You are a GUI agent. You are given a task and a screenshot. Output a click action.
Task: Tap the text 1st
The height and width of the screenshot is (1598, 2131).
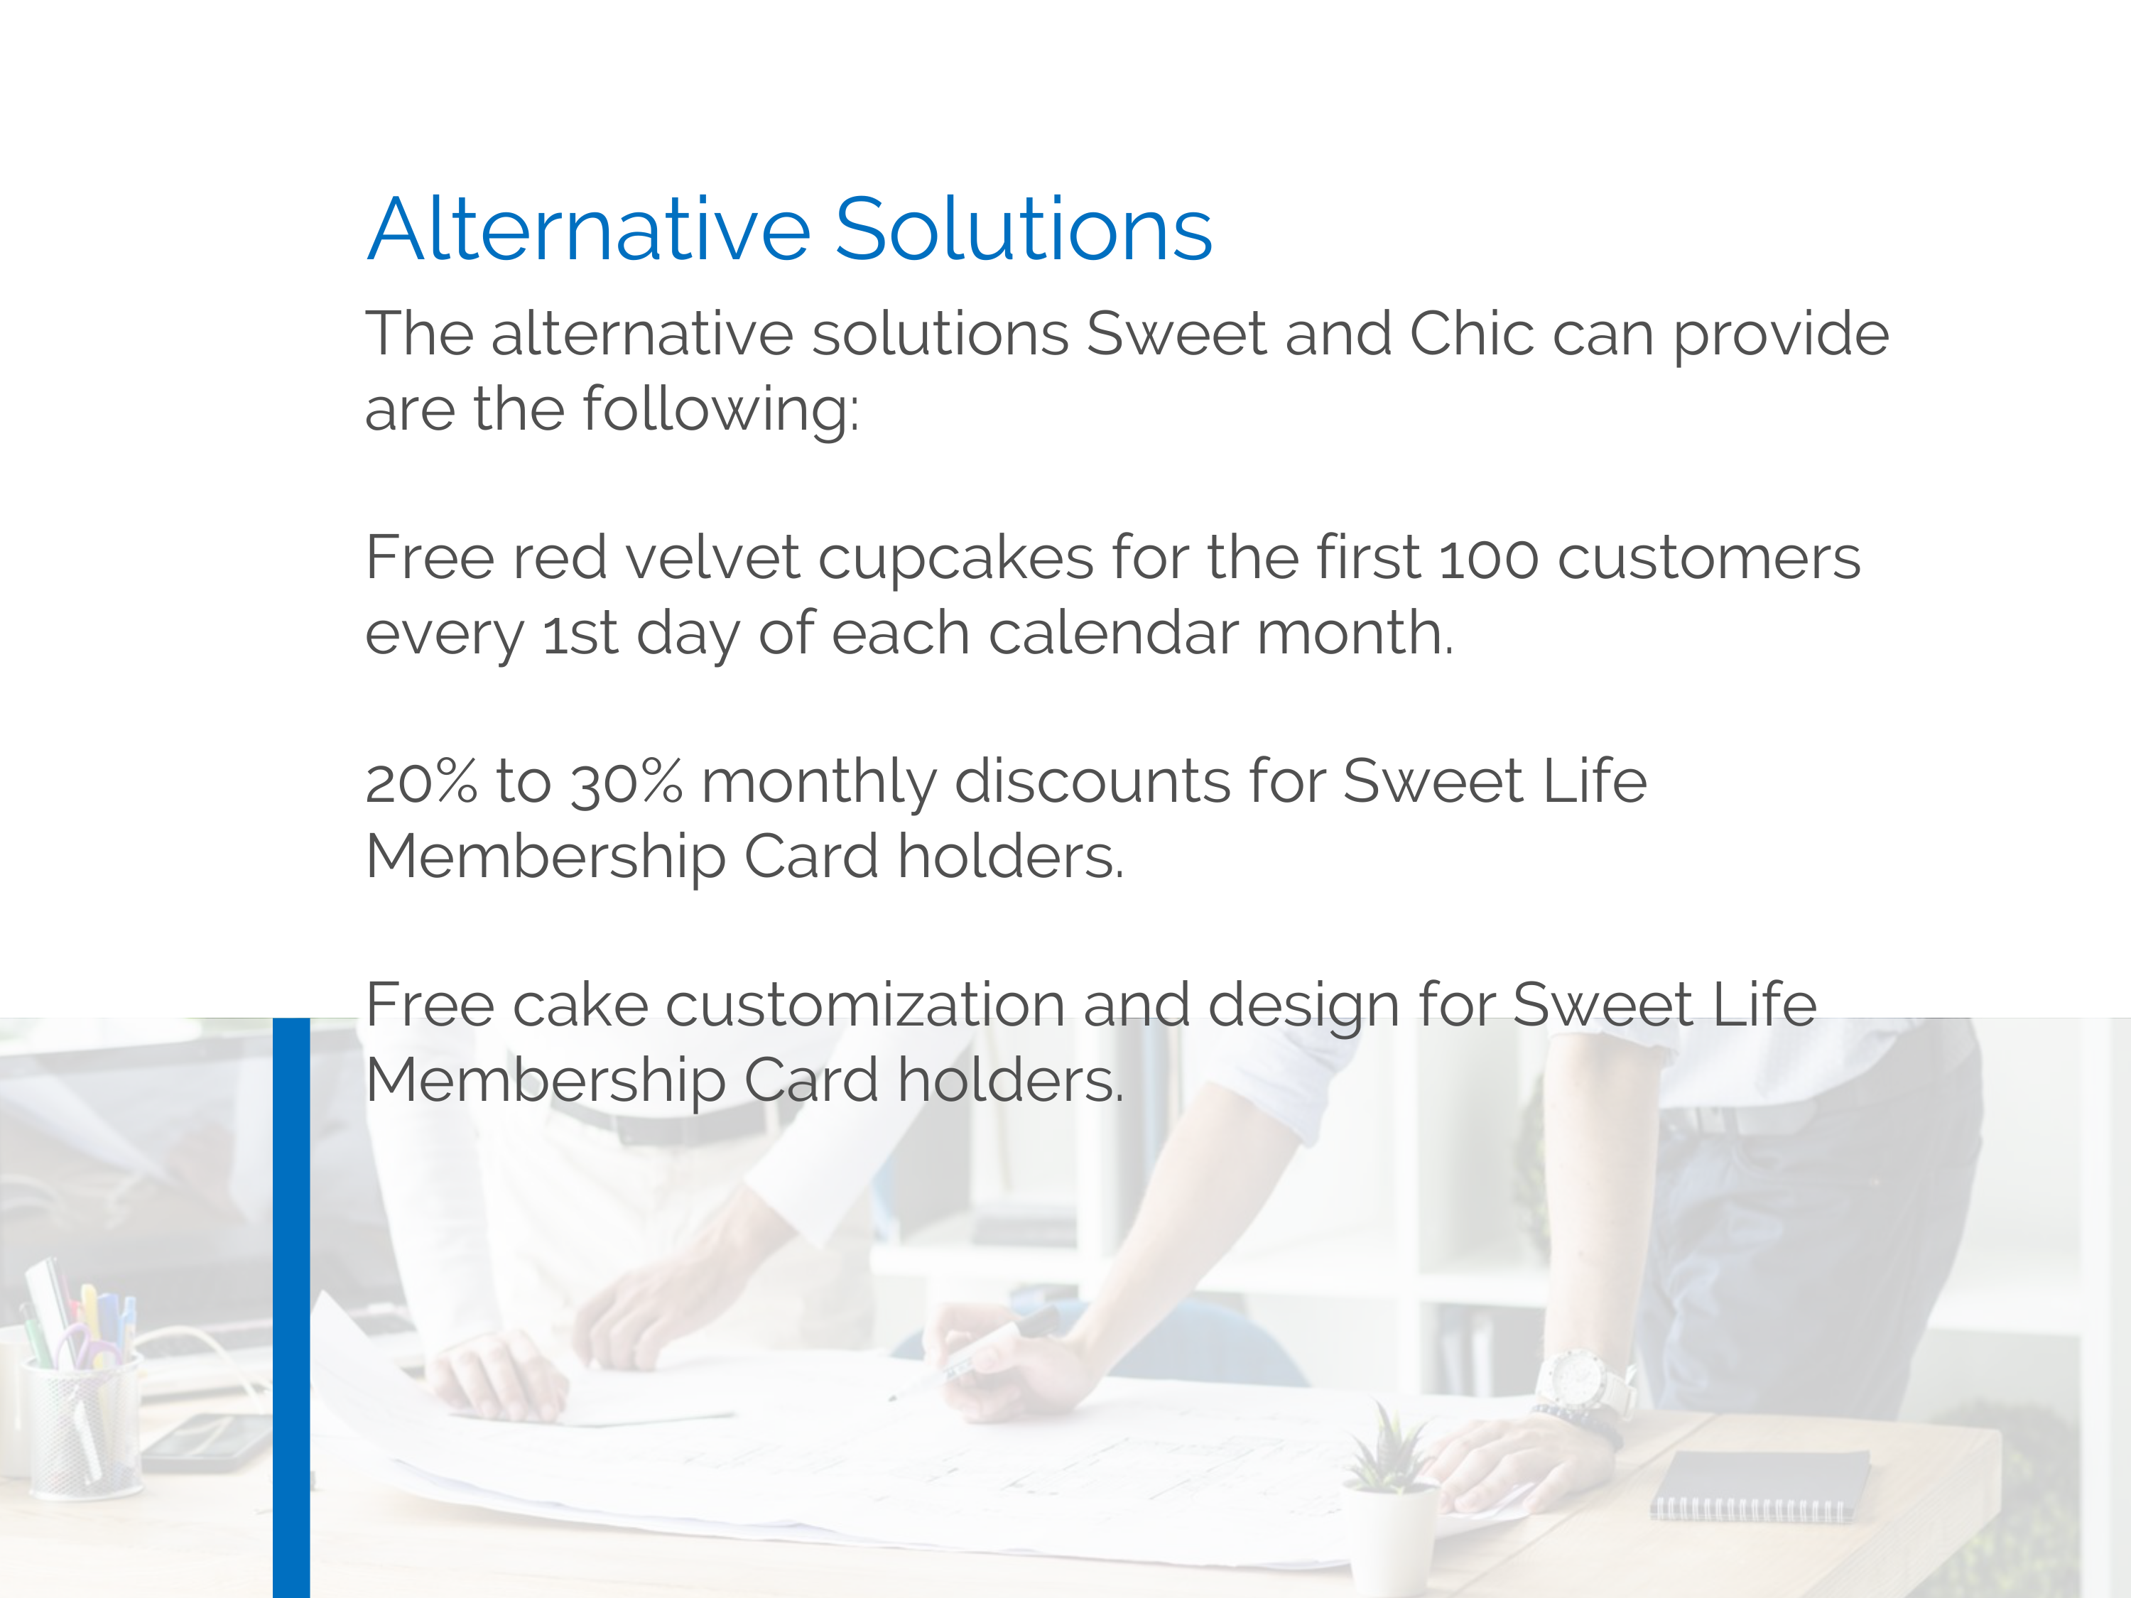[580, 634]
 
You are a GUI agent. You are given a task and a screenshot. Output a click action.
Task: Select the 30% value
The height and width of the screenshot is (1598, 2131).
[627, 782]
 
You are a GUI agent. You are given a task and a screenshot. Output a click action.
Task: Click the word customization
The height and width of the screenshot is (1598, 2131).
[865, 1005]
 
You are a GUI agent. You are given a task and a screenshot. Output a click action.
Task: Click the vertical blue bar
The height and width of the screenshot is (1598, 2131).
[291, 1307]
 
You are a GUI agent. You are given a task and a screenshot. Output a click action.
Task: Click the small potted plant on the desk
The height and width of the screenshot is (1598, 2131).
[1390, 1503]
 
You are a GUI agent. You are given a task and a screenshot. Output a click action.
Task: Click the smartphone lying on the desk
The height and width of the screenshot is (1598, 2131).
[207, 1441]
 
